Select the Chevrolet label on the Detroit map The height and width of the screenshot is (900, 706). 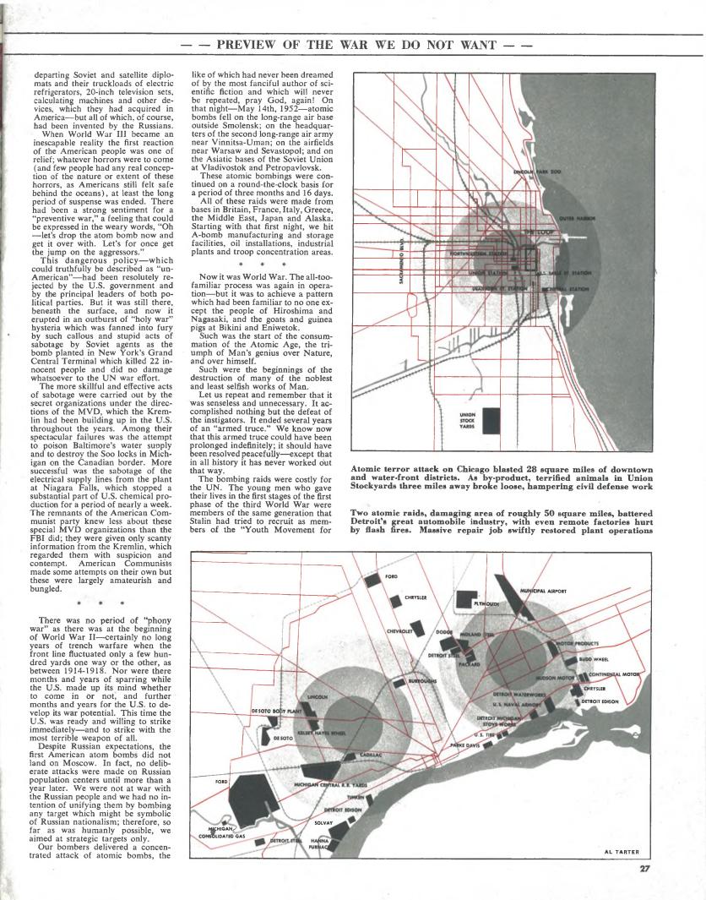(399, 630)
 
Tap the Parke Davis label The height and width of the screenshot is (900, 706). (466, 747)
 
